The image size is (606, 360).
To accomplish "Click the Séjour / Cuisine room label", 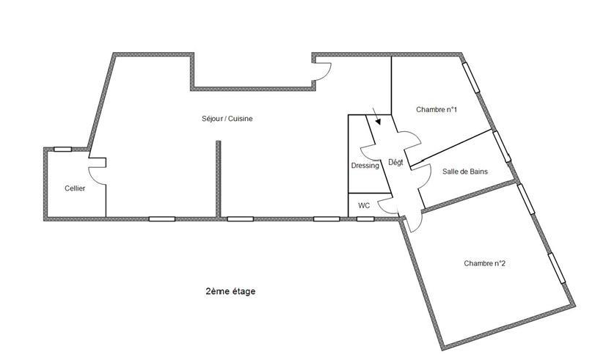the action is [x=227, y=119].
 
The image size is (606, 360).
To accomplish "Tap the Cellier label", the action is [x=75, y=188].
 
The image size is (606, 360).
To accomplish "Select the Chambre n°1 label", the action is [x=437, y=110].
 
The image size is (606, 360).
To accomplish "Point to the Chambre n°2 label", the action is [x=484, y=263].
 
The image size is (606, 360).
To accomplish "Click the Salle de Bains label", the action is [x=465, y=172].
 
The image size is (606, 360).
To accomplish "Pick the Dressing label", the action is [x=365, y=166].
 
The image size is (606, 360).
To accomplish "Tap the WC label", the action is [x=364, y=205].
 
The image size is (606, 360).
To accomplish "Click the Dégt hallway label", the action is [x=395, y=163].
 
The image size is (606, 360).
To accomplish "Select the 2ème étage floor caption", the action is [x=230, y=291].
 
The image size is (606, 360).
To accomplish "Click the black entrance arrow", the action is [x=376, y=116].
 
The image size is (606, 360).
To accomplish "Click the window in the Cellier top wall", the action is [x=62, y=149].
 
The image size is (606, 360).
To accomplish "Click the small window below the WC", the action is [x=365, y=219].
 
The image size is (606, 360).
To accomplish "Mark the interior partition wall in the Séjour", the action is [x=219, y=179].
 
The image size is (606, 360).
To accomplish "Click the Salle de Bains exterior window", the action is [x=502, y=147].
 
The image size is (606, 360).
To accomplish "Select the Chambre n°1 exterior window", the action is [x=471, y=77].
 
